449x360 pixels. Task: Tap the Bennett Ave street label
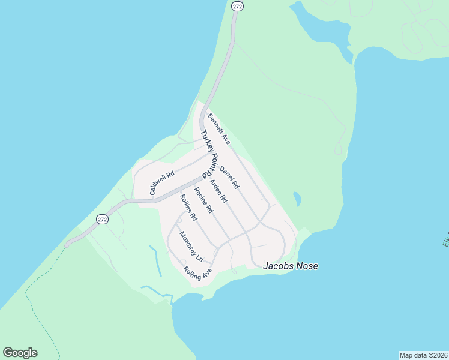point(219,128)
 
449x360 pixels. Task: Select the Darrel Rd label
point(229,178)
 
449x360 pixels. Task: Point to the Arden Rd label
point(218,190)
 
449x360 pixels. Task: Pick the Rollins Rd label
point(188,207)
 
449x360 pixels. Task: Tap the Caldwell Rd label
point(162,184)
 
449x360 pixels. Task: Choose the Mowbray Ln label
point(191,247)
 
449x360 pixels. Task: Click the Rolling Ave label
point(199,274)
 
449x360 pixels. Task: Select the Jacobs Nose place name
point(291,266)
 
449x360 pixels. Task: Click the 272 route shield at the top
point(237,5)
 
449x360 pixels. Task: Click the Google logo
point(20,352)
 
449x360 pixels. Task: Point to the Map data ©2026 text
point(423,355)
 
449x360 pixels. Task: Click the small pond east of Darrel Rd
point(297,199)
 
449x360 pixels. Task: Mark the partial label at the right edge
point(445,240)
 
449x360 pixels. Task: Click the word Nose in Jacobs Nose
point(306,266)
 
